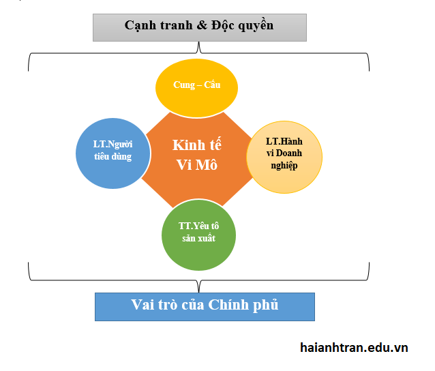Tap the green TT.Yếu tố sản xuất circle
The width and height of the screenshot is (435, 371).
(198, 235)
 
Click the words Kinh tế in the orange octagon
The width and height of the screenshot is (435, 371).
(197, 145)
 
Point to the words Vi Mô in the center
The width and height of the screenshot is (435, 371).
(197, 164)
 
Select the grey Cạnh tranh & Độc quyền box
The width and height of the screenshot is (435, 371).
(200, 27)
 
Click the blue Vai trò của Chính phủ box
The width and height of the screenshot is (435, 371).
(205, 306)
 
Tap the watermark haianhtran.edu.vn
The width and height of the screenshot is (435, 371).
(354, 347)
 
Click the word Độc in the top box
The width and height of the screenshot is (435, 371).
(220, 26)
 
